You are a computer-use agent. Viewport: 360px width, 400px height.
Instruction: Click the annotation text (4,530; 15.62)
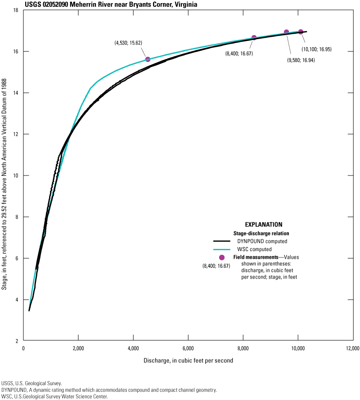(128, 43)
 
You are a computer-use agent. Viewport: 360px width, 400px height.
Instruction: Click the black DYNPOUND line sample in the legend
(221, 241)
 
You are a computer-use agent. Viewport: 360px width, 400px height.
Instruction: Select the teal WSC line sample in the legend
(221, 249)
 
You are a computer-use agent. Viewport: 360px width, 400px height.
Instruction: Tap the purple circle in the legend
(221, 257)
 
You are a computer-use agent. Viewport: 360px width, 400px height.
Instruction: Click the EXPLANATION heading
(263, 225)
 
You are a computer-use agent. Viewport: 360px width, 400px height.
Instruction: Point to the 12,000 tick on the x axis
(352, 348)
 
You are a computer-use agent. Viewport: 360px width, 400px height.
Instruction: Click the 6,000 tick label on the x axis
(188, 348)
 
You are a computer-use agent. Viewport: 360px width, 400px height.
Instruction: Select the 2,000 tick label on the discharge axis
(78, 348)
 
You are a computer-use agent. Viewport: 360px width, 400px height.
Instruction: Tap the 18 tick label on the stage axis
(16, 10)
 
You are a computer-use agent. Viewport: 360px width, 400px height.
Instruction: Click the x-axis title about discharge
(188, 361)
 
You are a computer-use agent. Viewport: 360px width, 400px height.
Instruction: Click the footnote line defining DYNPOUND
(109, 390)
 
